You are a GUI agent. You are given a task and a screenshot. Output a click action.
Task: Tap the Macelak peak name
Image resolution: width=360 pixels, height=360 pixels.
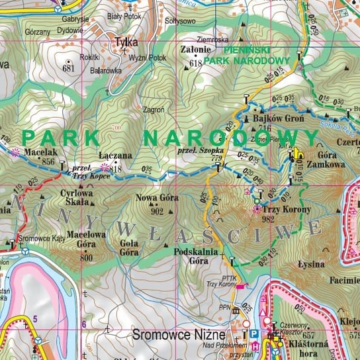[38, 152]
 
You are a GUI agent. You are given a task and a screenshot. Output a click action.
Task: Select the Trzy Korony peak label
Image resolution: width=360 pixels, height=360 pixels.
[277, 210]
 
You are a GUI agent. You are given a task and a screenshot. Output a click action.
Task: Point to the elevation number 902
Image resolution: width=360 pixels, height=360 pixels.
[157, 211]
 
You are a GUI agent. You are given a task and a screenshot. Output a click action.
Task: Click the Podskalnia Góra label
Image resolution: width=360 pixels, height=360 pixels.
[191, 256]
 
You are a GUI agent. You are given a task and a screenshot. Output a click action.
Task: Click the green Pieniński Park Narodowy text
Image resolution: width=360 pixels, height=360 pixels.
[237, 54]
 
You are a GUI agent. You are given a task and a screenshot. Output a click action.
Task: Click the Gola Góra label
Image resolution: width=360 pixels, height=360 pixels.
[130, 247]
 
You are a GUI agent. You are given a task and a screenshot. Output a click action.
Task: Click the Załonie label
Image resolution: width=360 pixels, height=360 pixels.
[195, 49]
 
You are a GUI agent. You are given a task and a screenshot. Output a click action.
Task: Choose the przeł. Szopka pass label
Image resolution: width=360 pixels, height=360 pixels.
[202, 150]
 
